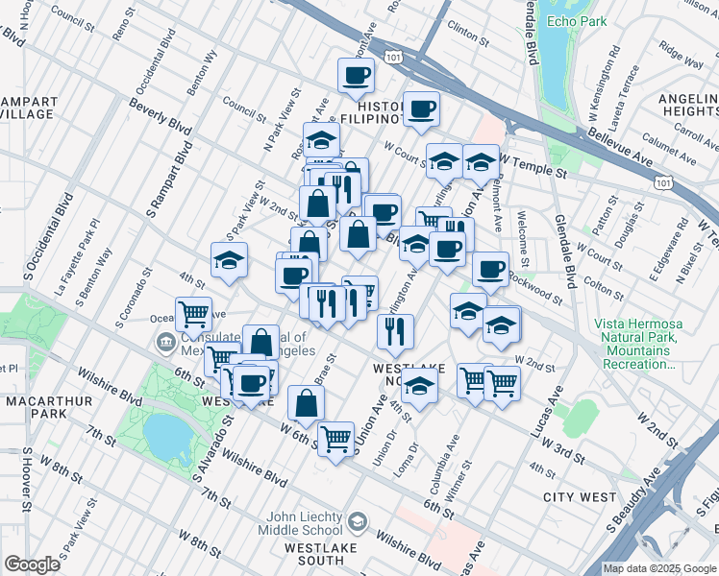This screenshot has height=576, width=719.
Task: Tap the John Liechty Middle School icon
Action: pyautogui.click(x=358, y=522)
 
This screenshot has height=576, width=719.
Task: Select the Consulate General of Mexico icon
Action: pyautogui.click(x=165, y=342)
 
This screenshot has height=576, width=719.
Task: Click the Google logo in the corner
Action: pyautogui.click(x=32, y=564)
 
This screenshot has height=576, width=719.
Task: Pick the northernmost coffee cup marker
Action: pyautogui.click(x=355, y=75)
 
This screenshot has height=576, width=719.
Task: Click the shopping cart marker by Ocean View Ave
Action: pyautogui.click(x=194, y=312)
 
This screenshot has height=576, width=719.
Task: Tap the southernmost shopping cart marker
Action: pyautogui.click(x=335, y=440)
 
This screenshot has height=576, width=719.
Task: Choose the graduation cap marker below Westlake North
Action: pyautogui.click(x=419, y=386)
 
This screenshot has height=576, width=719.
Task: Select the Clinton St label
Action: pyautogui.click(x=468, y=33)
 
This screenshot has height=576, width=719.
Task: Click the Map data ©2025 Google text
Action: pyautogui.click(x=659, y=568)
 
